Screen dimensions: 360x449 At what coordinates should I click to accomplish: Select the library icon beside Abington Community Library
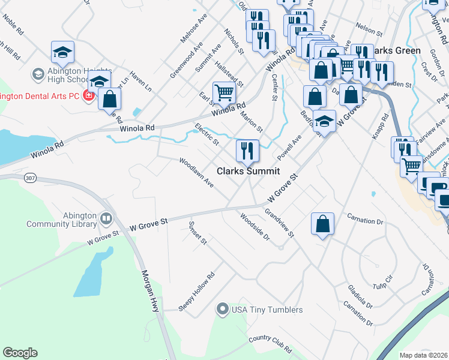[x=107, y=217]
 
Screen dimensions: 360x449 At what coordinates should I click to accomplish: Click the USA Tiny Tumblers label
[x=267, y=310]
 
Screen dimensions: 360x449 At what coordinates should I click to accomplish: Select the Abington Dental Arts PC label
[x=40, y=95]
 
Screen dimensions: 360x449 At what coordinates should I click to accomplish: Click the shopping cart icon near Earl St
[x=223, y=93]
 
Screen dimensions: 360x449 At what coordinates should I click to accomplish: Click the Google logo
[x=20, y=353]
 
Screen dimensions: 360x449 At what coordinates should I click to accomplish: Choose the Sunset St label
[x=197, y=233]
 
